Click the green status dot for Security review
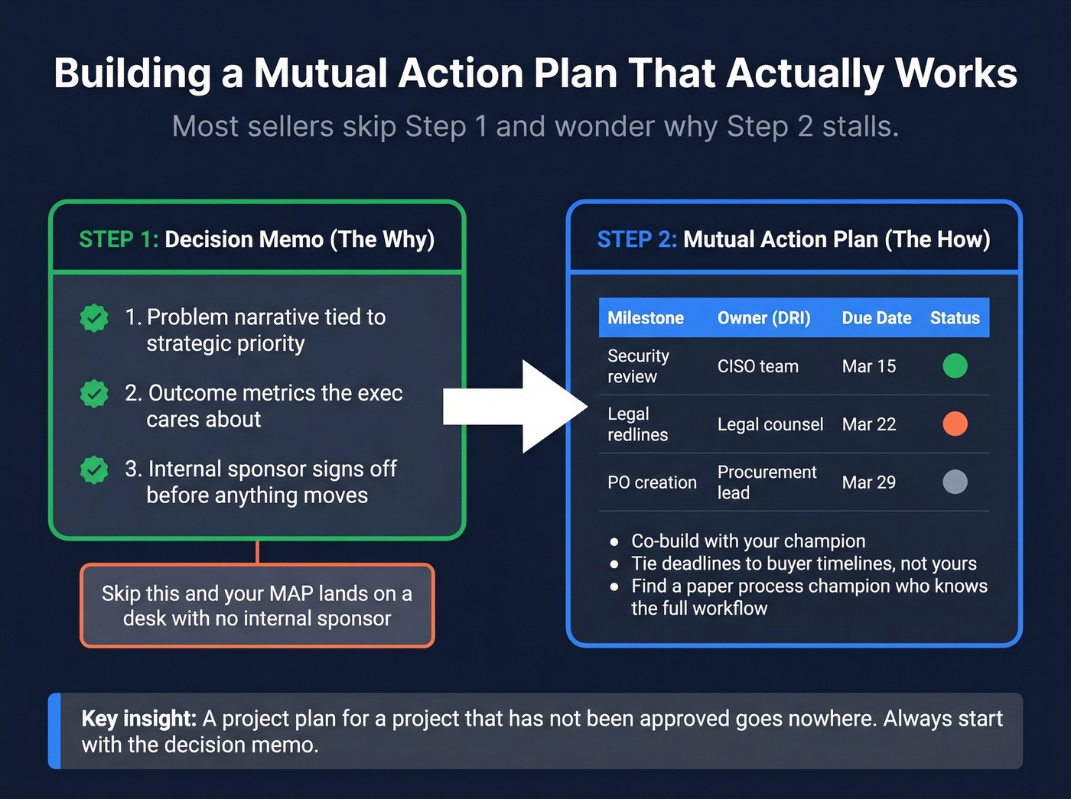955,366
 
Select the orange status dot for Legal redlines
955,424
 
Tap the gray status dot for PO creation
955,482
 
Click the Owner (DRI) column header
763,318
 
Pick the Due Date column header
876,318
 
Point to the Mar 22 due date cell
868,424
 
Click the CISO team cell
757,367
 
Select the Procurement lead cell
767,482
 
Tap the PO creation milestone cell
652,483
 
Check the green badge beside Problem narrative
94,318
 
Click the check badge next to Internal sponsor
94,469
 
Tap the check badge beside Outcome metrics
94,394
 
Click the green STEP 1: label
119,240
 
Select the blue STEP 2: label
636,240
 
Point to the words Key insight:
138,719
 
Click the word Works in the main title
955,74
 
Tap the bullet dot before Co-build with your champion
614,542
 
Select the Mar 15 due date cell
868,367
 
